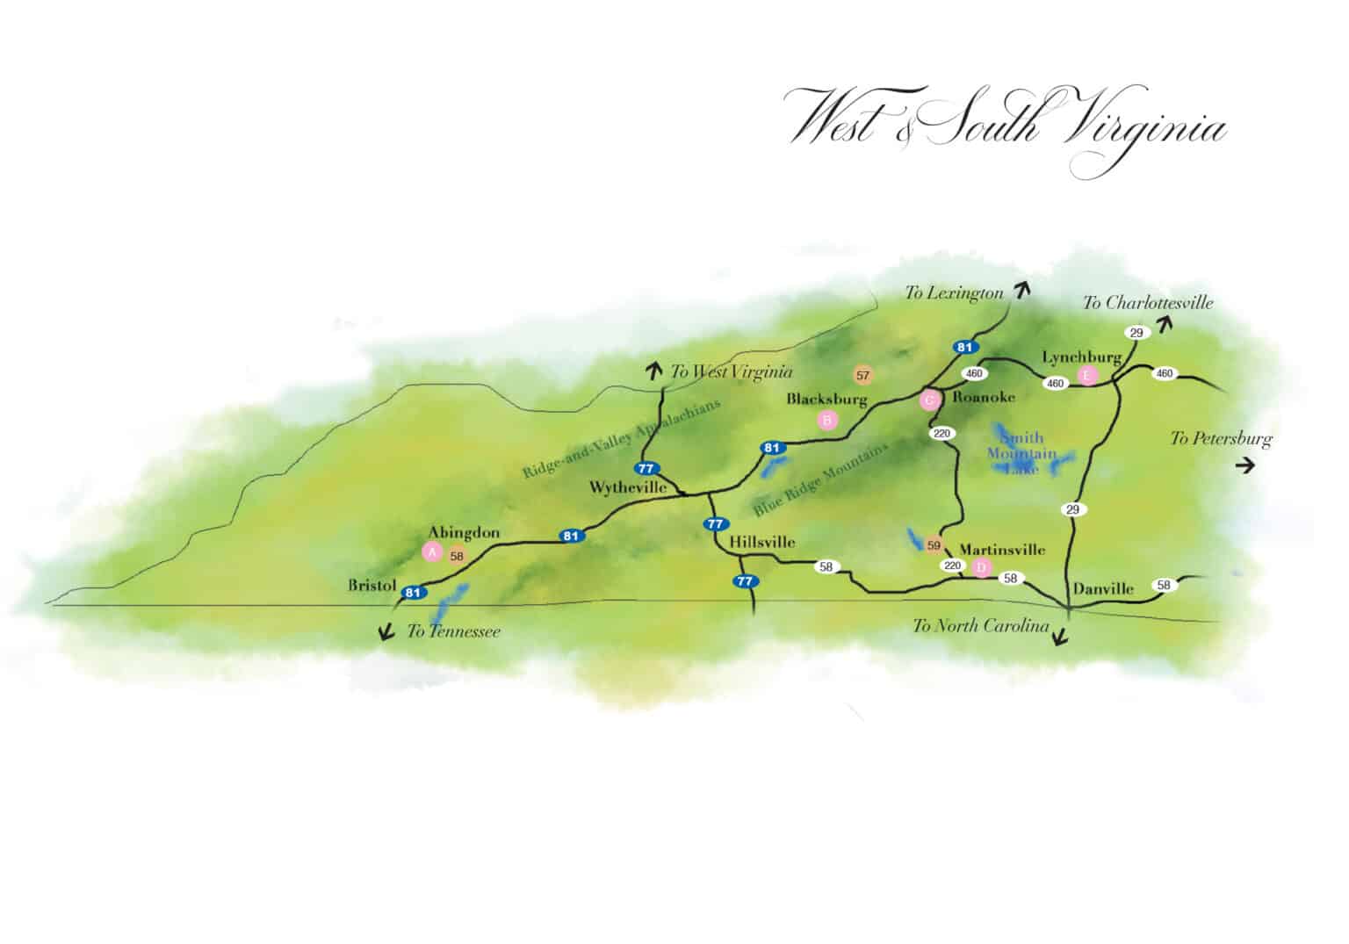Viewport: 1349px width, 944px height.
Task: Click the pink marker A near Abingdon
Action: point(431,551)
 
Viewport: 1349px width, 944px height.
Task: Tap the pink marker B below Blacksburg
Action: point(826,420)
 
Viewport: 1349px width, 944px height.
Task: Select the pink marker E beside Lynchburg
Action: point(1088,376)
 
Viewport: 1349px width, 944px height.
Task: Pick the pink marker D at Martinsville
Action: point(982,567)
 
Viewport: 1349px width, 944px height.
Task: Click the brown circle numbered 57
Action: point(862,376)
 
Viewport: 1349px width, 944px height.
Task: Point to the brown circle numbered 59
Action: point(934,544)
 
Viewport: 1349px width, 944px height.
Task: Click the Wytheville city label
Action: point(627,486)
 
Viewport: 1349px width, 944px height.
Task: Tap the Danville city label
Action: point(1103,588)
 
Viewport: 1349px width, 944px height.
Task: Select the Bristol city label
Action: point(372,585)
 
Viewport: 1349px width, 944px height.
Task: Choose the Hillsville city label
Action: point(762,542)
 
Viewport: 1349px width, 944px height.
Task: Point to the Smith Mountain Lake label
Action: point(1021,452)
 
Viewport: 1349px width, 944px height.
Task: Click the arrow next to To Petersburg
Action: point(1244,465)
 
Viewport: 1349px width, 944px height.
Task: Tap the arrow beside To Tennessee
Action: point(385,632)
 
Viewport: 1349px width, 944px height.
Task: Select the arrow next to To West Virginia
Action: point(654,371)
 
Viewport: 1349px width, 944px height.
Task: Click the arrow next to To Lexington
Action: point(1021,291)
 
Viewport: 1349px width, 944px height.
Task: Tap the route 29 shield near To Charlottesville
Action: point(1136,333)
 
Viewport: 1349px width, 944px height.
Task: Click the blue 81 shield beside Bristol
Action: point(413,593)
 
